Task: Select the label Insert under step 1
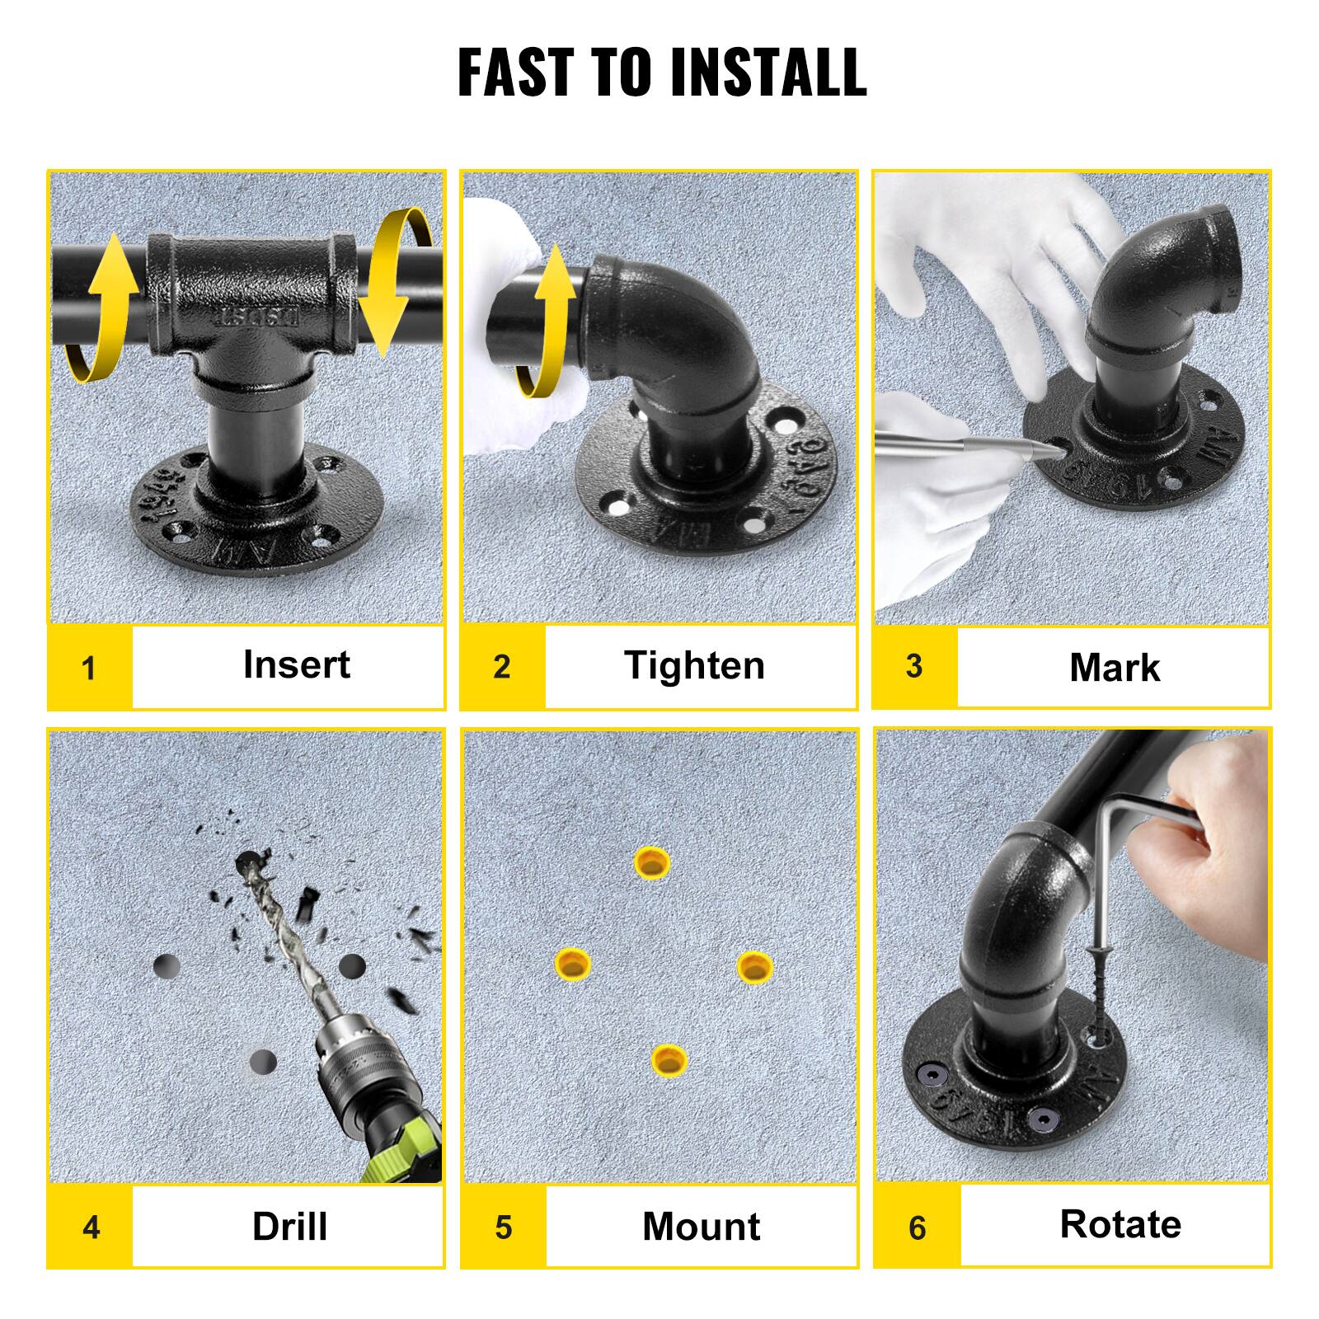click(x=296, y=664)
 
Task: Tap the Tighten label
click(x=694, y=665)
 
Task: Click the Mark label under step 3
click(x=1114, y=667)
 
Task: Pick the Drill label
click(x=289, y=1227)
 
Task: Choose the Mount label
click(x=701, y=1227)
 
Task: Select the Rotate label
click(x=1120, y=1224)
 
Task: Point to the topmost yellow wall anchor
click(x=652, y=862)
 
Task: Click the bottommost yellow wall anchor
click(x=669, y=1058)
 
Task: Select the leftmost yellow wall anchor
click(x=572, y=963)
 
